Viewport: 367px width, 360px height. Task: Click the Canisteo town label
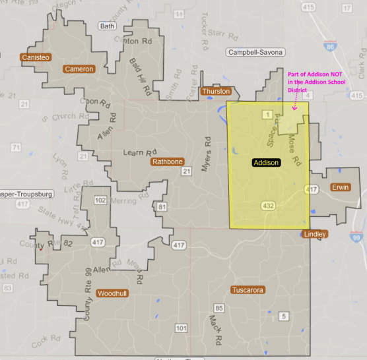(x=35, y=57)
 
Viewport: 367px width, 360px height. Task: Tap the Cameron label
(x=79, y=69)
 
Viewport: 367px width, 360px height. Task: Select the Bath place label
(x=106, y=26)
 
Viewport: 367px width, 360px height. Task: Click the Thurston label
(x=217, y=91)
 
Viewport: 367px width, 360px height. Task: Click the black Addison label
(x=267, y=162)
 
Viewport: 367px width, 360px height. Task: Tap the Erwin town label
(x=341, y=187)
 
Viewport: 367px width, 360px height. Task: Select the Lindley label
(x=314, y=234)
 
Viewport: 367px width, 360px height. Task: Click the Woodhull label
(x=113, y=293)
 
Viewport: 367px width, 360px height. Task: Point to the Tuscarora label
(x=248, y=290)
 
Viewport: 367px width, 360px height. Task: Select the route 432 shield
(x=268, y=206)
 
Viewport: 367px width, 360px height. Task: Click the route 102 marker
(x=100, y=200)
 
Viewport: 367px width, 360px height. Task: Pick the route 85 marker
(x=219, y=308)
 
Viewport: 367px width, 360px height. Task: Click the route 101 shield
(x=182, y=328)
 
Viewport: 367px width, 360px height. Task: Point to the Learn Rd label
(x=138, y=153)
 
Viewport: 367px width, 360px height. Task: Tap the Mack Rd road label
(x=215, y=330)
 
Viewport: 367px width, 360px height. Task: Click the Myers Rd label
(x=207, y=151)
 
